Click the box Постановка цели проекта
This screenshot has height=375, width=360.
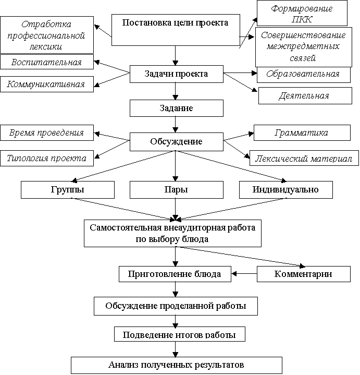click(176, 30)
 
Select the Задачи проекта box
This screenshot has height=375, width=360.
click(176, 74)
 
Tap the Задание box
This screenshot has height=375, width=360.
click(176, 108)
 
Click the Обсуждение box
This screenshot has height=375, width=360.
click(176, 142)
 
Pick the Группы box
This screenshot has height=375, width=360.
click(68, 190)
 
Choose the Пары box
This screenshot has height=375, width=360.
click(176, 190)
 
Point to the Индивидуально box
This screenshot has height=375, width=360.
click(285, 190)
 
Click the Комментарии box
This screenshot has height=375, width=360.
click(304, 274)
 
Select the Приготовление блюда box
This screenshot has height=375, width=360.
click(175, 274)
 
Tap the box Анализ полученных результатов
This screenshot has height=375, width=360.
click(176, 365)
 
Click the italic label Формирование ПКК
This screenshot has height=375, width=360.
click(302, 13)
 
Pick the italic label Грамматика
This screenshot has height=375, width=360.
click(302, 132)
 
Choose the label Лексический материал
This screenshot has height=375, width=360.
click(304, 158)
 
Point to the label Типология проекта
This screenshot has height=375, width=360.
click(47, 158)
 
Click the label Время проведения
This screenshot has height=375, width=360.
click(47, 132)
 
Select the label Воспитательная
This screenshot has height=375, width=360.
click(47, 62)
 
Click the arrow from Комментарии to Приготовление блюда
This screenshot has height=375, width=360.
click(244, 274)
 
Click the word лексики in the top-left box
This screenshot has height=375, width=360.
click(43, 46)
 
